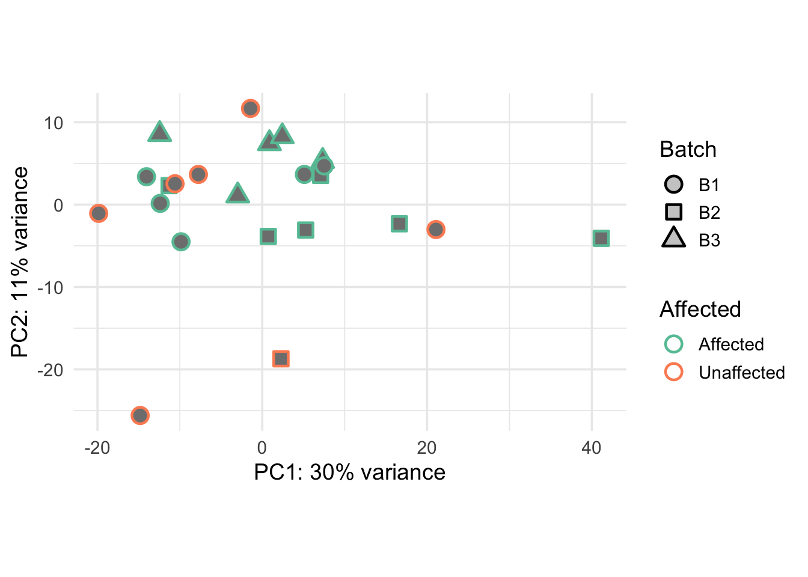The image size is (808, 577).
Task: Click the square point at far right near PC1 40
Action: (601, 239)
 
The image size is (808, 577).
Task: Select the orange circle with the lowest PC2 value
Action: (140, 415)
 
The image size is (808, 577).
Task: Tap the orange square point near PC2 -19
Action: (281, 359)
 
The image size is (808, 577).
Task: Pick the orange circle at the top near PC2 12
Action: (251, 109)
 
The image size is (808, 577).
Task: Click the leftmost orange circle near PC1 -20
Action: (99, 213)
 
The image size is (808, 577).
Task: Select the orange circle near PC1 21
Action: (436, 229)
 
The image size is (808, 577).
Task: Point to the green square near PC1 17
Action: (399, 224)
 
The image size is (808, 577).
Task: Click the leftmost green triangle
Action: (159, 132)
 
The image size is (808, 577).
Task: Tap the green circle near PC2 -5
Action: (181, 242)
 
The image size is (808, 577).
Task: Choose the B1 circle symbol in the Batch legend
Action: (674, 185)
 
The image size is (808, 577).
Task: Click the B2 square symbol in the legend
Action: (674, 212)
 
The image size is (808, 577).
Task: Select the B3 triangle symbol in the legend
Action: (674, 239)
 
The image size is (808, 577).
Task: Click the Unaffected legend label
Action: (741, 373)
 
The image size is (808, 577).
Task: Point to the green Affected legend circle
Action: (674, 344)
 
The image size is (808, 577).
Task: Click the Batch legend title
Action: (688, 149)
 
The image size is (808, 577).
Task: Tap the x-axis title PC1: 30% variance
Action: (349, 472)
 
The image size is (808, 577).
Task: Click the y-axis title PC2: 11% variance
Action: (20, 262)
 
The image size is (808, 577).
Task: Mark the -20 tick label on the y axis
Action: (50, 370)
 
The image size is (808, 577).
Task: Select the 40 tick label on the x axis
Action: (592, 448)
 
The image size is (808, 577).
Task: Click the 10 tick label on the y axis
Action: (54, 123)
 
